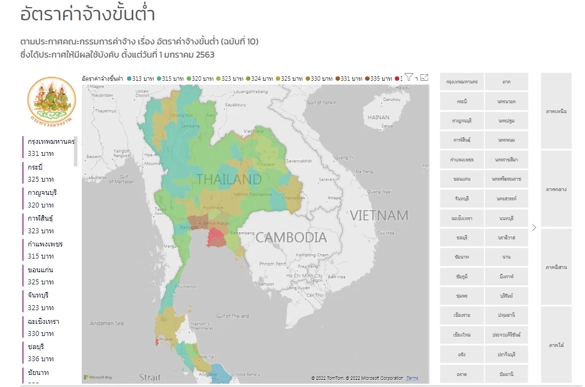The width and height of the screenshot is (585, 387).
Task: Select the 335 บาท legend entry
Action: point(379,78)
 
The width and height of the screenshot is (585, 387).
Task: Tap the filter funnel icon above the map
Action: point(409,77)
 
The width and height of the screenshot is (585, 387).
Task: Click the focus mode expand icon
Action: point(424,78)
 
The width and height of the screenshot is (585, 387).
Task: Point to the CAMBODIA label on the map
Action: point(291,238)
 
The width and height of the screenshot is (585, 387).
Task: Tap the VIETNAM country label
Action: point(379,215)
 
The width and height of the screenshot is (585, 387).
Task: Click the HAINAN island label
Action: point(378,117)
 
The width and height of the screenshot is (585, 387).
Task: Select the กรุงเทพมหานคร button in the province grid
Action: point(462,82)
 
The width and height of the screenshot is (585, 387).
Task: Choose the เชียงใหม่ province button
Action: point(462,334)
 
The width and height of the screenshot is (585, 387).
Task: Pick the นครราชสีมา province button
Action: point(506,160)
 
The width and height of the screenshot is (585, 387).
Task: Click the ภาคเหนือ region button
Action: point(556,111)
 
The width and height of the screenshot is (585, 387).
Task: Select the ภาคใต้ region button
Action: point(556,345)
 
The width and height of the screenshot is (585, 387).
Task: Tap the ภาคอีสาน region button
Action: point(556,267)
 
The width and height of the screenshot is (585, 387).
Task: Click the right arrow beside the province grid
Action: point(534,227)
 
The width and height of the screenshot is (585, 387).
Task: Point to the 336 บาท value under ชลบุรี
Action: point(41,359)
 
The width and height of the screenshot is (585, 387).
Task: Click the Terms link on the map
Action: point(412,378)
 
